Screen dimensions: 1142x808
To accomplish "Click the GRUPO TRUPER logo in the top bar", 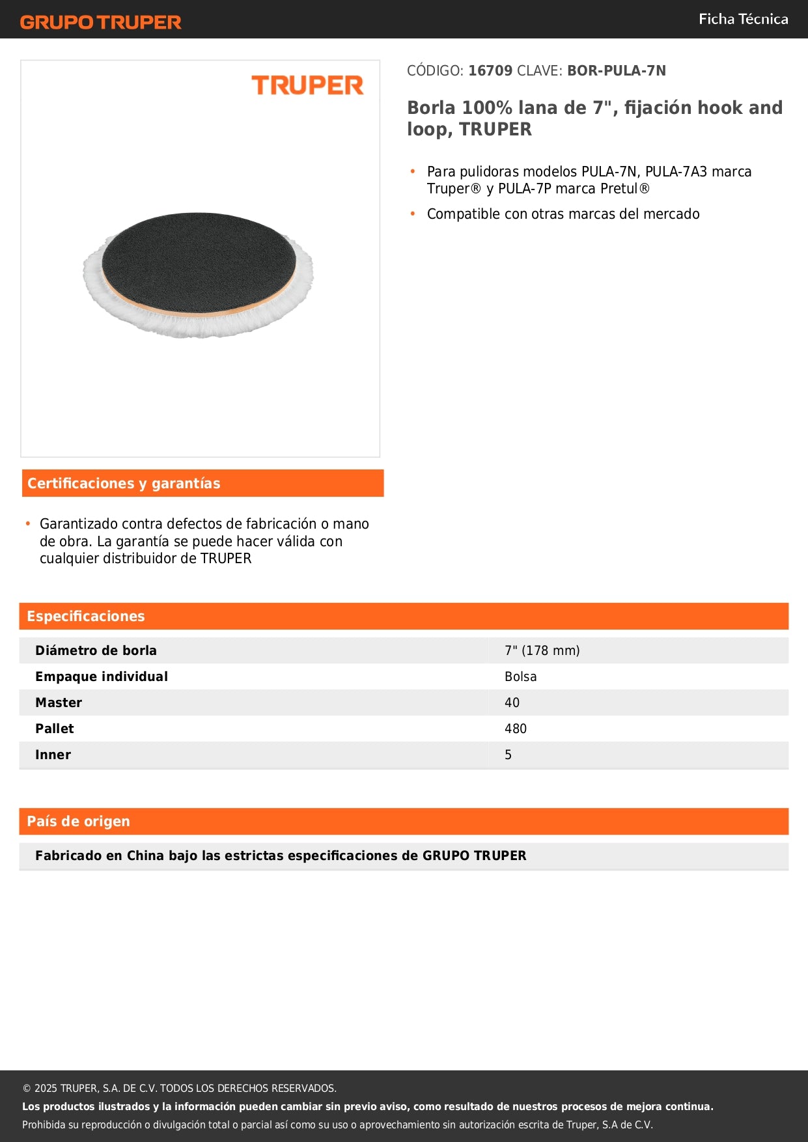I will pyautogui.click(x=100, y=22).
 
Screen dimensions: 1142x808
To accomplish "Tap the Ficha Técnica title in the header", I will pyautogui.click(x=743, y=19).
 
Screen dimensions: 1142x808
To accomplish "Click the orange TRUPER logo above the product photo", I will pyautogui.click(x=307, y=85).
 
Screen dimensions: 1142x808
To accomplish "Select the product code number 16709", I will pyautogui.click(x=490, y=70).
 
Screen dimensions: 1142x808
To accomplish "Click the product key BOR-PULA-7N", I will pyautogui.click(x=616, y=70).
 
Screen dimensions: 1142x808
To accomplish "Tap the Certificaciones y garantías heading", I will pyautogui.click(x=124, y=483).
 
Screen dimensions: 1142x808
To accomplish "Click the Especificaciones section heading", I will pyautogui.click(x=86, y=616).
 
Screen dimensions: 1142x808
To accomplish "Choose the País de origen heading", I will pyautogui.click(x=78, y=821).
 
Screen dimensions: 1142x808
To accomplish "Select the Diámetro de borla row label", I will pyautogui.click(x=96, y=650).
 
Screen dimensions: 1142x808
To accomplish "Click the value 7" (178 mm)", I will pyautogui.click(x=542, y=650).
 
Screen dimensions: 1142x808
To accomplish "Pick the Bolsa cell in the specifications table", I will pyautogui.click(x=520, y=676).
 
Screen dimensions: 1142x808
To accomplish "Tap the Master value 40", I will pyautogui.click(x=512, y=703).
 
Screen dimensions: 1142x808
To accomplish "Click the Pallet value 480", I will pyautogui.click(x=515, y=729).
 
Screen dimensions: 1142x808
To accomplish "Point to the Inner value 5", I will pyautogui.click(x=508, y=755).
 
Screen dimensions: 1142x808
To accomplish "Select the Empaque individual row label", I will pyautogui.click(x=102, y=676).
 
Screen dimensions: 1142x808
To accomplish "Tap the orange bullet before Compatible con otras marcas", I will pyautogui.click(x=413, y=214).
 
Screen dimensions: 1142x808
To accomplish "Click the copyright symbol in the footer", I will pyautogui.click(x=27, y=1088).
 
